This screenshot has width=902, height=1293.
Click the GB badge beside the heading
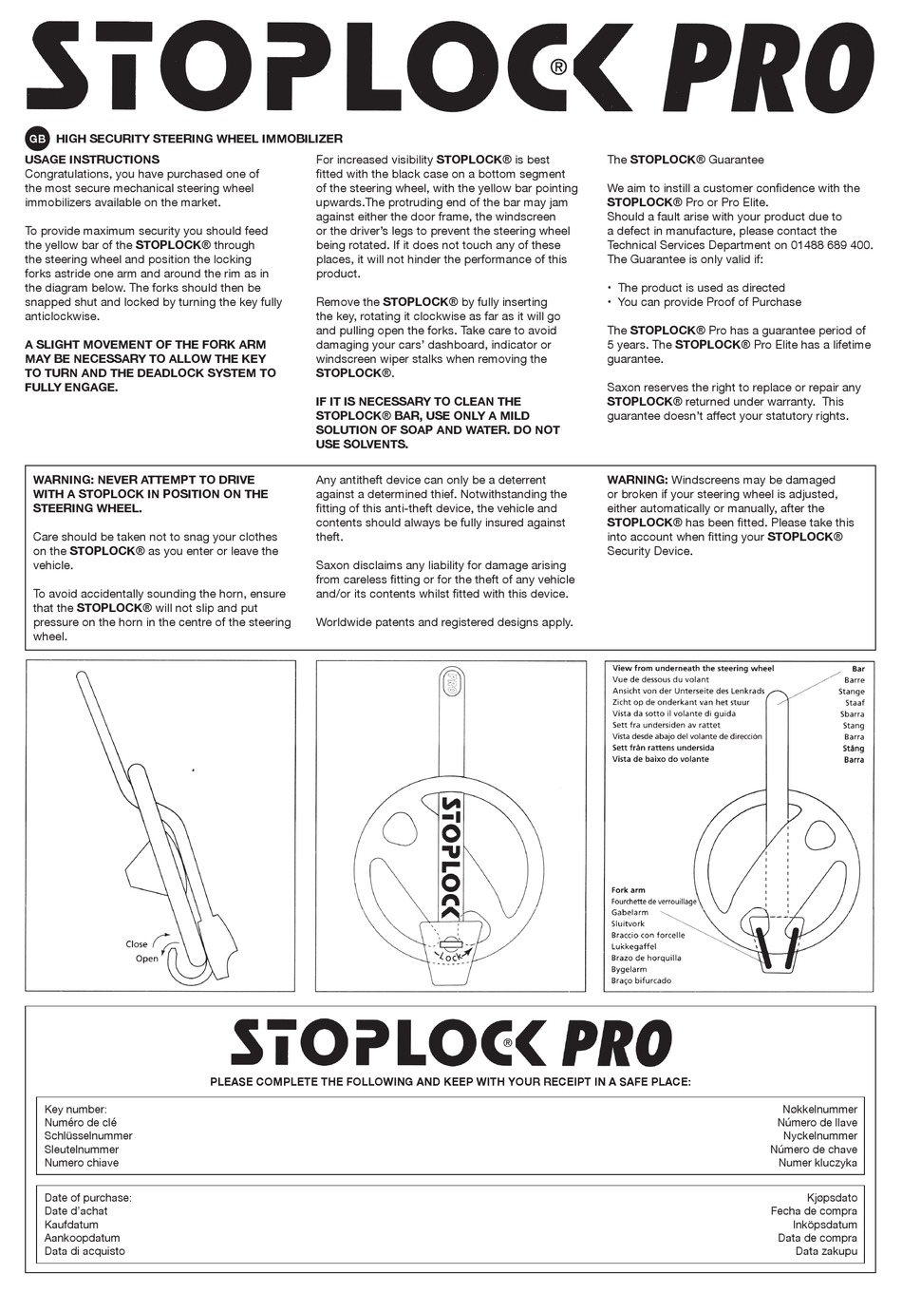pos(38,139)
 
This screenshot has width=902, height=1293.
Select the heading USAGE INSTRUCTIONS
pos(92,160)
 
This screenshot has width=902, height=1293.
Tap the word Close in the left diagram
pos(137,944)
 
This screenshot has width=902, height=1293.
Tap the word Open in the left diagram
pos(146,959)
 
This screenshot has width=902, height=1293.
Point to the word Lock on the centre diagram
pos(452,958)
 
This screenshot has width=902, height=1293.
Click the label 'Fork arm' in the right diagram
pos(629,890)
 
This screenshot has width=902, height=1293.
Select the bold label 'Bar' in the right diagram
pos(857,669)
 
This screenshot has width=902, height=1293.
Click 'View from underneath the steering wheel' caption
pos(693,669)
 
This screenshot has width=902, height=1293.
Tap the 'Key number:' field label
pos(76,1109)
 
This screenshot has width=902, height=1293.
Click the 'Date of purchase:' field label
pos(88,1198)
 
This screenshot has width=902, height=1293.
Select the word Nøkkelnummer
pos(819,1109)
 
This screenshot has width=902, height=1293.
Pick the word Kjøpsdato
pos(832,1198)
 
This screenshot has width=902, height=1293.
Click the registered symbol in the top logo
pos(558,67)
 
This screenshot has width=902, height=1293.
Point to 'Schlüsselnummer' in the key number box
pos(88,1135)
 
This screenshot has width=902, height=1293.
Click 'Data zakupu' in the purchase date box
pos(826,1251)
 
